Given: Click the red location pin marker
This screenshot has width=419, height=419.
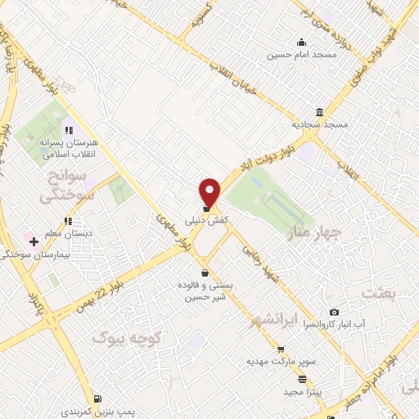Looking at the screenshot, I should pos(210,191).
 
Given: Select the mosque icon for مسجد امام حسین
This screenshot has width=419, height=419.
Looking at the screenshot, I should pos(302,43).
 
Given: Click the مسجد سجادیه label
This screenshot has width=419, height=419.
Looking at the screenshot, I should pos(321,125).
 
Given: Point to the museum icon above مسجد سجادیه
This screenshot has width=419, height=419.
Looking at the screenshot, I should pos(318,113).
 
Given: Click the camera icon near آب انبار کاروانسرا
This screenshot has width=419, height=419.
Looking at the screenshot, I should pos(334,312).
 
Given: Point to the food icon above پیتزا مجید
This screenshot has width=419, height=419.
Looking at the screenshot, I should pos(303,379).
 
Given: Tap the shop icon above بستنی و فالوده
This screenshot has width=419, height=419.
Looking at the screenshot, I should pos(204,273).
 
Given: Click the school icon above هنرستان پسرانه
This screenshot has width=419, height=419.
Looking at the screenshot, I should pos(69,129).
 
